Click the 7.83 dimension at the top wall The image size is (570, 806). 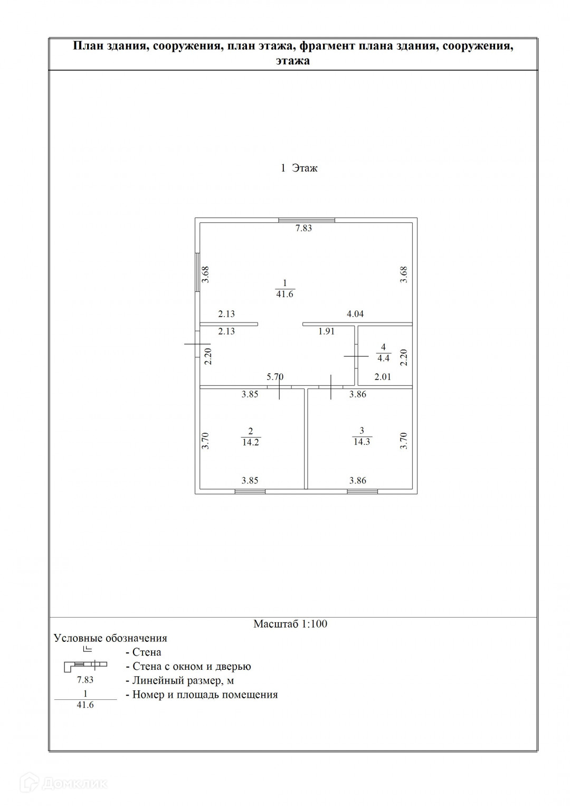click(303, 229)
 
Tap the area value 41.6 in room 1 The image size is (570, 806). click(284, 295)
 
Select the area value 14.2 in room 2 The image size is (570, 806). click(250, 443)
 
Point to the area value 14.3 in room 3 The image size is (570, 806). click(362, 442)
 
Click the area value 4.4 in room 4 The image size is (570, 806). click(383, 358)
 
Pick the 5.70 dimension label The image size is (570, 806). click(275, 377)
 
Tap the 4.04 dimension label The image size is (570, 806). click(355, 314)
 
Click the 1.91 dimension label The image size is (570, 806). click(326, 332)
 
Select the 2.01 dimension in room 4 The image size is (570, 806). click(383, 377)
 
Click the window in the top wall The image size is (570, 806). click(307, 220)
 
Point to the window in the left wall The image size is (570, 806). click(197, 272)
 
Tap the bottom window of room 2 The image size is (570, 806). click(250, 491)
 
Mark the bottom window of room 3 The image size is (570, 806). click(362, 491)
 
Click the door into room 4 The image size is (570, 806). click(356, 357)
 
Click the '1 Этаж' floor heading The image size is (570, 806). click(299, 168)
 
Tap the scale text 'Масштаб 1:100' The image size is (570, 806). click(290, 624)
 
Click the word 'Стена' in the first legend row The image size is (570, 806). click(147, 652)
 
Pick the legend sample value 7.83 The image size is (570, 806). click(85, 680)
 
